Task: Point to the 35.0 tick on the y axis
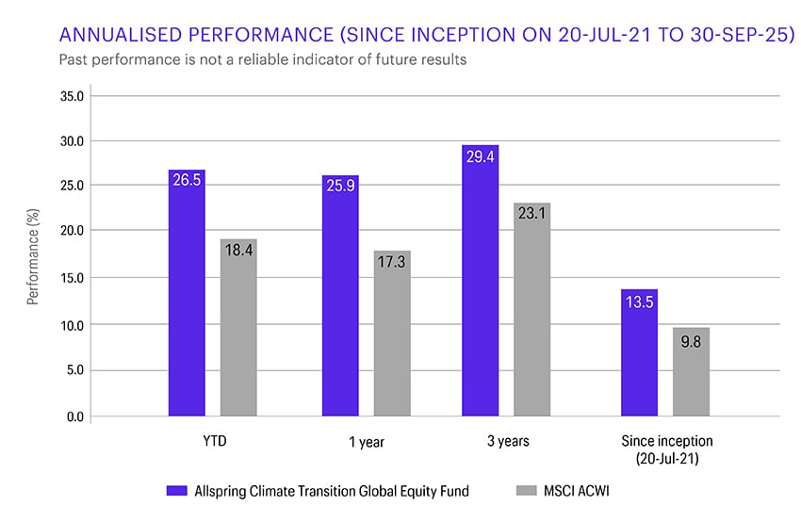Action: click(x=73, y=96)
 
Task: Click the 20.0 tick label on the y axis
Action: click(x=73, y=232)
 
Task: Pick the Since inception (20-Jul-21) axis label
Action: click(x=665, y=449)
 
